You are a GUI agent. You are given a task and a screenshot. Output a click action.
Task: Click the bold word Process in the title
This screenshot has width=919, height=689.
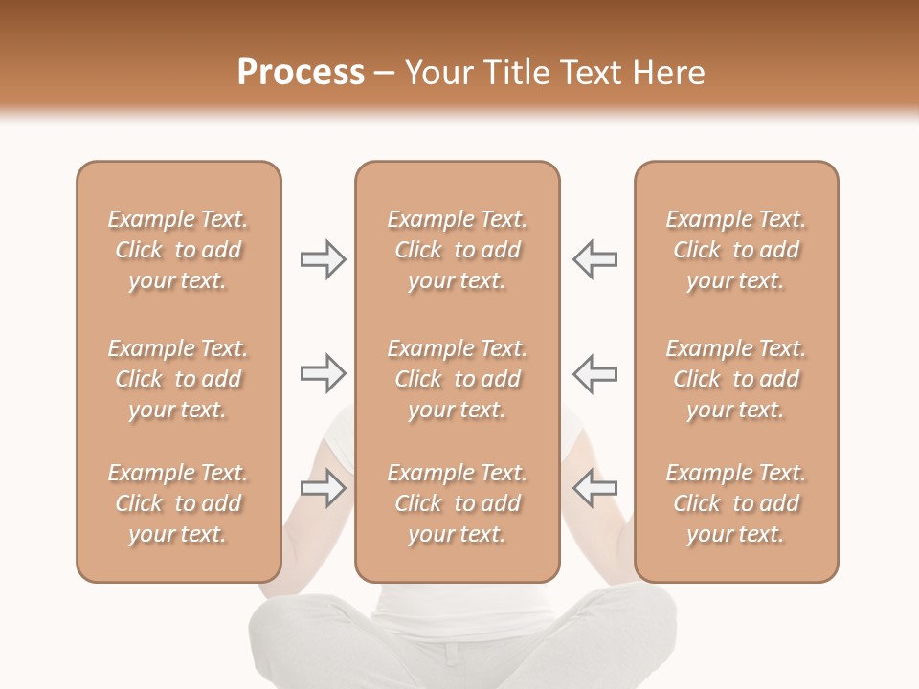point(301,73)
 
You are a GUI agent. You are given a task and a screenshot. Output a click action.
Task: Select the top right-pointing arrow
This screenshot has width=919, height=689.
point(323,259)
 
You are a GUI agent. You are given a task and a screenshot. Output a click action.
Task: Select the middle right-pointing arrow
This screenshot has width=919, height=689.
point(323,373)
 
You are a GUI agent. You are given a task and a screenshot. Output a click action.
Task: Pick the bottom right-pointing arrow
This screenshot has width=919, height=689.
point(323,488)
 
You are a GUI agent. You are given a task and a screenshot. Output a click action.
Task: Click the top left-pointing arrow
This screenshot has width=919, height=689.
point(594,259)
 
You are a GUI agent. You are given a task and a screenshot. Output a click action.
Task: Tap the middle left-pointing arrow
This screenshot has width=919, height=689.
point(594,373)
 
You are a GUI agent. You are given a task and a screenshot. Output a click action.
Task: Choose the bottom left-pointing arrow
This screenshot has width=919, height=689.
point(594,488)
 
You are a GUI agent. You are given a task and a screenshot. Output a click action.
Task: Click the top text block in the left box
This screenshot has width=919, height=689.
point(178,250)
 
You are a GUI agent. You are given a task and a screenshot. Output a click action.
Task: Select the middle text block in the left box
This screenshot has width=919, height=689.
point(178,379)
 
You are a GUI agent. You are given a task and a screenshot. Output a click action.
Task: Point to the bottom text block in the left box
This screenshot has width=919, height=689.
point(178,503)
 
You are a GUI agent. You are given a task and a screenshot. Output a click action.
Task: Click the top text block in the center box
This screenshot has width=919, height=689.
point(457,250)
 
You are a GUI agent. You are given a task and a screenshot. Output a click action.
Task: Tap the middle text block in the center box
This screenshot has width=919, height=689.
point(457,379)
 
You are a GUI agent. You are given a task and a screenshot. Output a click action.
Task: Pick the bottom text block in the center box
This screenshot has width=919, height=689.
point(457,503)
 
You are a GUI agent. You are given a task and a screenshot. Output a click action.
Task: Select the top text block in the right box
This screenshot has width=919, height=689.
point(735,250)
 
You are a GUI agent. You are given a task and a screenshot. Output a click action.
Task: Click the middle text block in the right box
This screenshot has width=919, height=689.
point(735,379)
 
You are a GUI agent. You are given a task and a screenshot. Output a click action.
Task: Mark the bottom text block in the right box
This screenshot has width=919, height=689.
point(735,503)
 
